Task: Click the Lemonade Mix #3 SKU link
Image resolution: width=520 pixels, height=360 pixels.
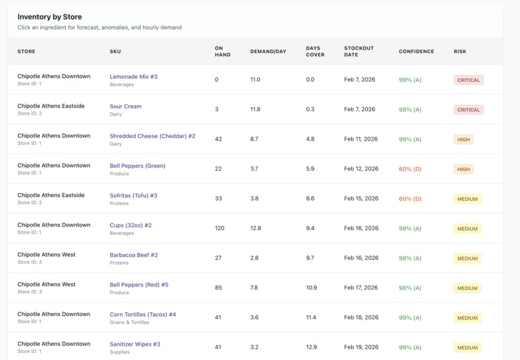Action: [x=134, y=77]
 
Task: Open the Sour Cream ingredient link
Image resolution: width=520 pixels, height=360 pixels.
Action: [x=125, y=106]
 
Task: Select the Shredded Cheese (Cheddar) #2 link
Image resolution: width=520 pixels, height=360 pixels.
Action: [x=152, y=136]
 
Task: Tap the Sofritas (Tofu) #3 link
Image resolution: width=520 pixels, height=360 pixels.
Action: [x=134, y=195]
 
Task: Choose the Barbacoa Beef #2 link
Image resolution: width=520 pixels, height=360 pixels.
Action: [x=134, y=255]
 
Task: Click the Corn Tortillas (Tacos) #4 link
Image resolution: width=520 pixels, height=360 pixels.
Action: [x=143, y=314]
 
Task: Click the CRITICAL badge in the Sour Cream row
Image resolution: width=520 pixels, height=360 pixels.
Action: [x=468, y=110]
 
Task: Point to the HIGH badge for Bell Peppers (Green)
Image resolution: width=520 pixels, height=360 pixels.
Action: [x=463, y=169]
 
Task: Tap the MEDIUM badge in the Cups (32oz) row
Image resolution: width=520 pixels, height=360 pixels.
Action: [x=467, y=228]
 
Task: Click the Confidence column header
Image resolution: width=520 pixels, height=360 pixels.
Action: [x=416, y=52]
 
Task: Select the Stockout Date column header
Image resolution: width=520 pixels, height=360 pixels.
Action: [x=359, y=52]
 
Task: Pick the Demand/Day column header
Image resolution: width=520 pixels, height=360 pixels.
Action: [x=268, y=52]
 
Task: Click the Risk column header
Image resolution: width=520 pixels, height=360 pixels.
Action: [x=459, y=52]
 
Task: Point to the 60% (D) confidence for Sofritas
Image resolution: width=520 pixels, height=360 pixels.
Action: [x=410, y=199]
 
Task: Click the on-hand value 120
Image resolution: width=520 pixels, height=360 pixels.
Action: [x=220, y=228]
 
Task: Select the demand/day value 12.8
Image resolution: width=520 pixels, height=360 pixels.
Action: [x=255, y=228]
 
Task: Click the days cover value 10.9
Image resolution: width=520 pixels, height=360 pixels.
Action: [x=312, y=288]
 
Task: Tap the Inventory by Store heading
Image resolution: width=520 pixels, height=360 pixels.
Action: [x=50, y=17]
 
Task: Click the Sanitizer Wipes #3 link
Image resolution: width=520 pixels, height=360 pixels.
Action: [x=135, y=344]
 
